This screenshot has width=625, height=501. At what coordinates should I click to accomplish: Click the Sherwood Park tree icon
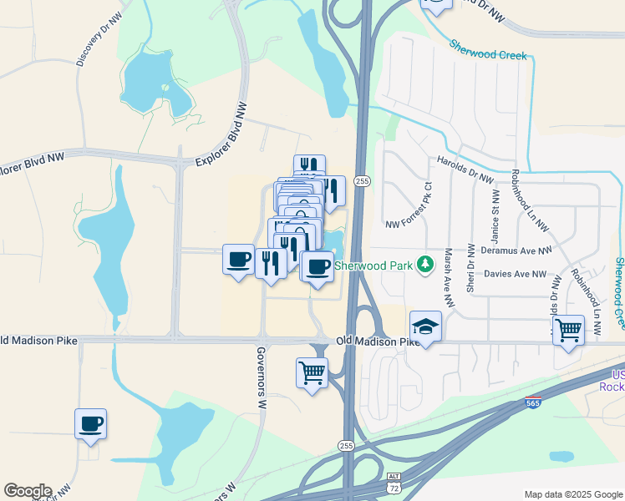pos(427,266)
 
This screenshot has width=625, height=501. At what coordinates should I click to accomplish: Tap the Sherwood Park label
pos(375,266)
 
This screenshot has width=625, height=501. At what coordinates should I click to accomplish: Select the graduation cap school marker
pos(425,326)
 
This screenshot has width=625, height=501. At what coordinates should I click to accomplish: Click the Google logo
pos(28,490)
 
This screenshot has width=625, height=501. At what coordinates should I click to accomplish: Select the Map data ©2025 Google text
pos(573,494)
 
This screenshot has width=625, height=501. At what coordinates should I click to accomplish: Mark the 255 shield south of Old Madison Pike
pos(348,445)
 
